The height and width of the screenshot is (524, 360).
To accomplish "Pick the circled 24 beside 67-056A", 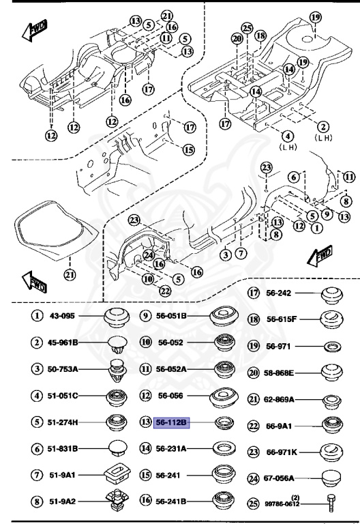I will coord(254,479).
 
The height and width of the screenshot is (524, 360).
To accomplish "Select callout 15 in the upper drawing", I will coord(188,149).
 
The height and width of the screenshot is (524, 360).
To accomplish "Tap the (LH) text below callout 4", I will coord(285,147).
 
